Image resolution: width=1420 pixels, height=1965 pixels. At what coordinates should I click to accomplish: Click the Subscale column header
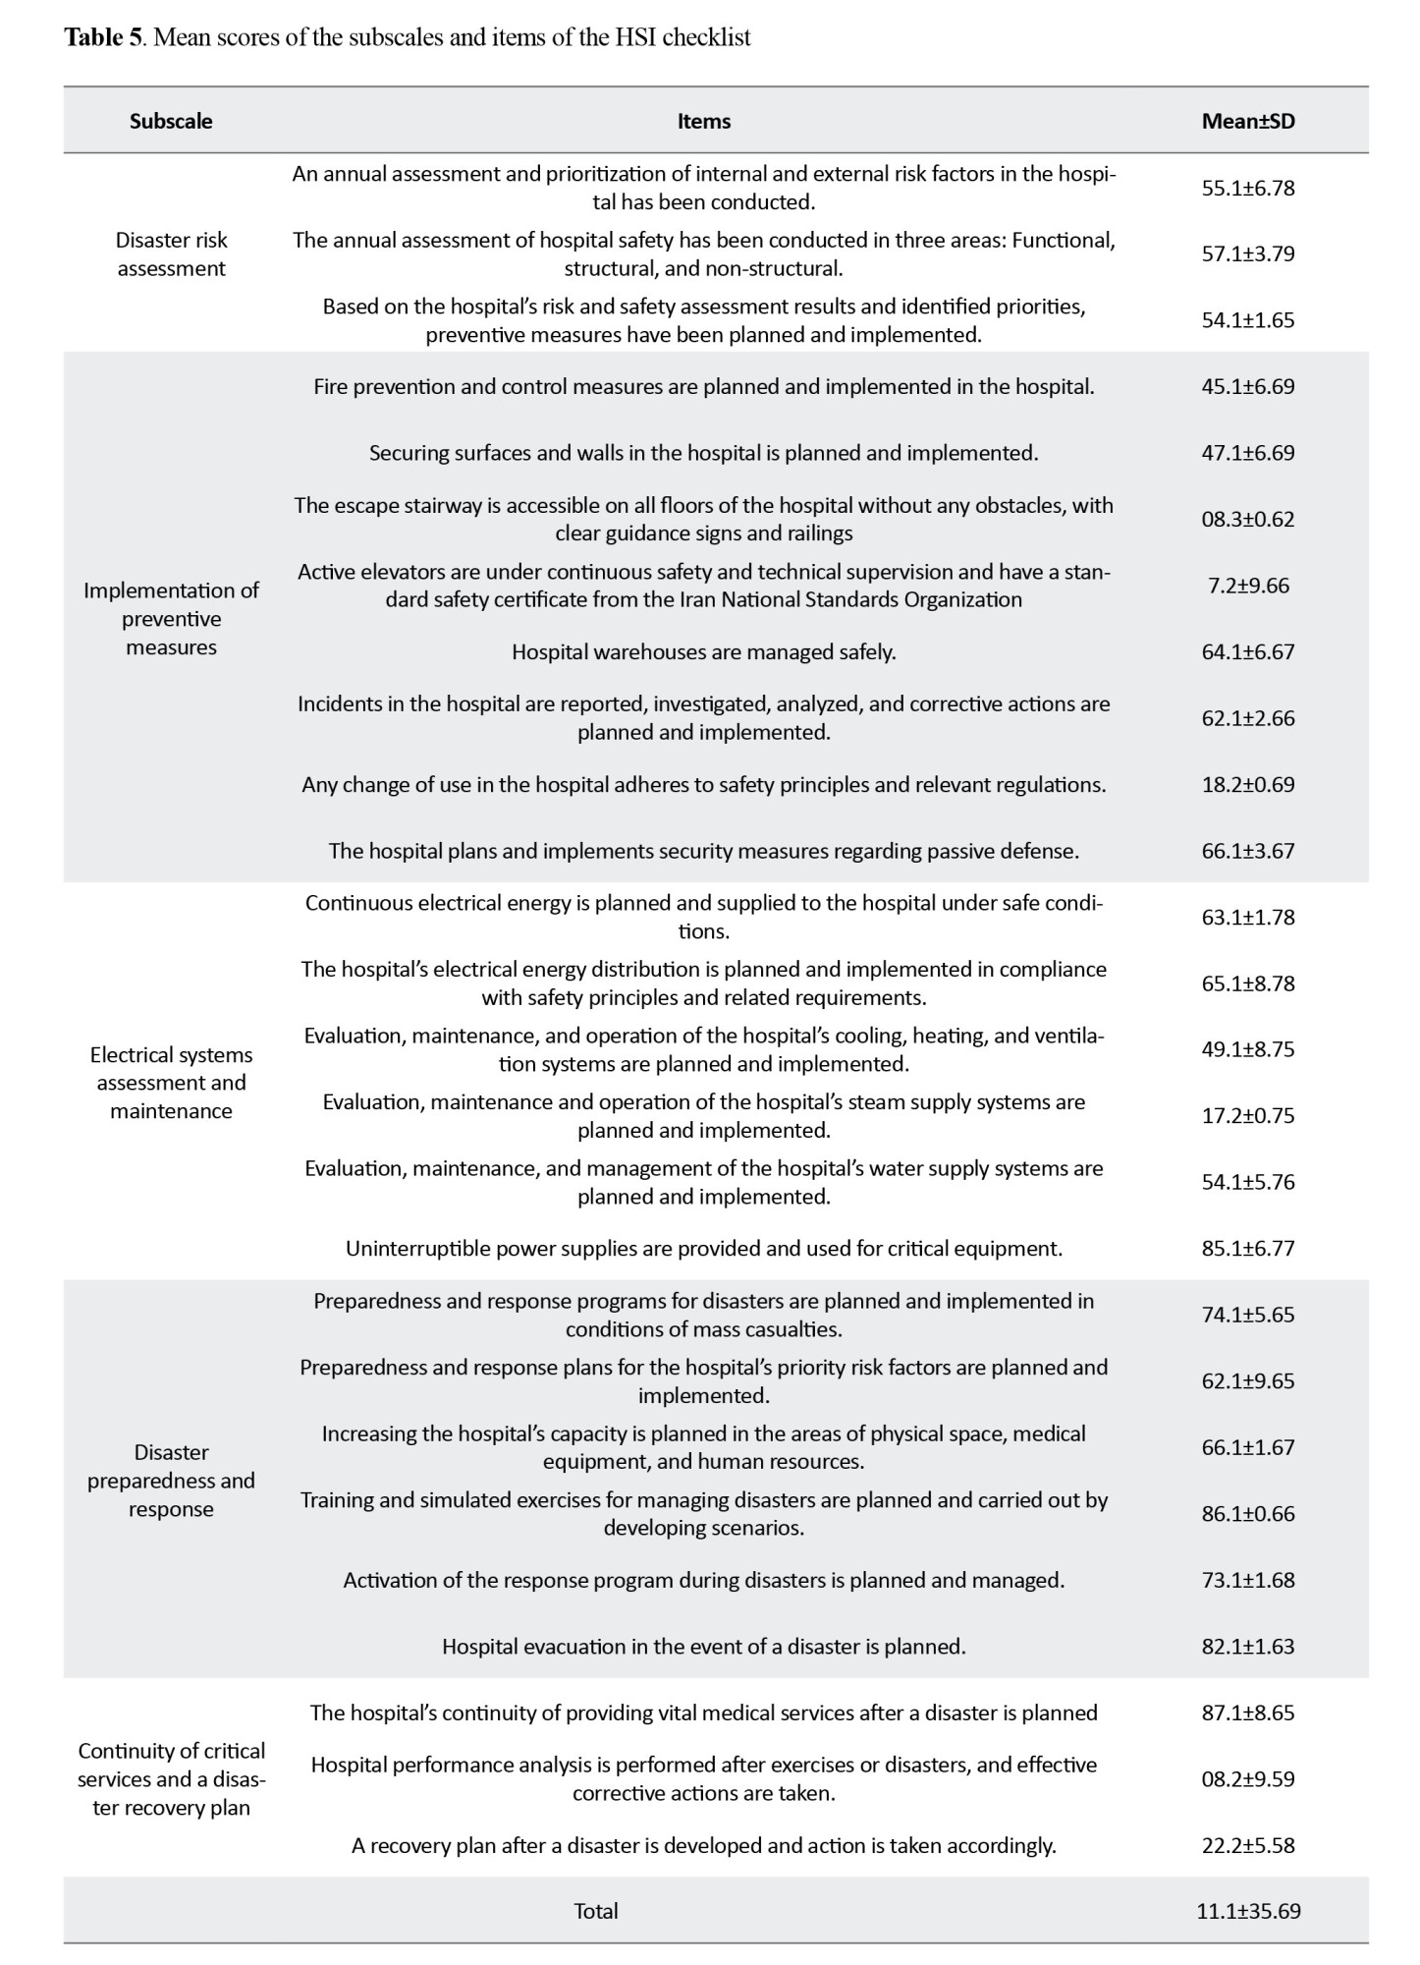click(171, 121)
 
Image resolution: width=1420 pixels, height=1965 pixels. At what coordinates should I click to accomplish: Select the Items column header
click(703, 121)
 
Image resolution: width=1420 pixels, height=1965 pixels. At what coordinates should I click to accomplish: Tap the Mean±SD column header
click(1247, 121)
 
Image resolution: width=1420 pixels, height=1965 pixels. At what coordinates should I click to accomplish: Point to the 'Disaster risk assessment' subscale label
click(171, 253)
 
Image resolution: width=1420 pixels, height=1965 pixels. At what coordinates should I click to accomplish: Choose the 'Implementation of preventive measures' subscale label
click(171, 618)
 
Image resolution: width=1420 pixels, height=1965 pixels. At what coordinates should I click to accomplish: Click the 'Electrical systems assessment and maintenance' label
click(171, 1082)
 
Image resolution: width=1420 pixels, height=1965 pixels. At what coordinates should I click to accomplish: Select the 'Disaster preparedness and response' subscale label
click(171, 1480)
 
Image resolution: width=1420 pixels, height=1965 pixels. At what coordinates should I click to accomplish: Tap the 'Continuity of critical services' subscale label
click(171, 1778)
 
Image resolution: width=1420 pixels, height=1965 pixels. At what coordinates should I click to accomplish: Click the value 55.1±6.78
click(1247, 188)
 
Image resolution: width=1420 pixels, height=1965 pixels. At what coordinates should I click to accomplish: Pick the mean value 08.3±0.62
click(1247, 519)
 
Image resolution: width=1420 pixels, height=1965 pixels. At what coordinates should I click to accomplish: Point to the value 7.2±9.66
click(1247, 586)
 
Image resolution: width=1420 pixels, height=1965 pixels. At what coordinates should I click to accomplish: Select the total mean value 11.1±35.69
click(1247, 1911)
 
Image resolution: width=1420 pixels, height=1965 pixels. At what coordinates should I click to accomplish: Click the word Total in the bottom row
click(596, 1911)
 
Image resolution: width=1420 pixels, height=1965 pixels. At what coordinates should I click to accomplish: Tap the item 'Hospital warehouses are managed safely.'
click(703, 651)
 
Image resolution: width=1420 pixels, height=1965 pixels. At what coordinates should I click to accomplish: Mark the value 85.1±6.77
click(1247, 1248)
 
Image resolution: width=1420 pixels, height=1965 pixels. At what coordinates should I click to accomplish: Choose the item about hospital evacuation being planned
click(703, 1646)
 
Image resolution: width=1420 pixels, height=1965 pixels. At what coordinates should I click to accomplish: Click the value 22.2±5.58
click(1247, 1845)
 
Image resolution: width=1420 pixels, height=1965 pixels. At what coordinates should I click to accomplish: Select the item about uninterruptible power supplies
click(703, 1248)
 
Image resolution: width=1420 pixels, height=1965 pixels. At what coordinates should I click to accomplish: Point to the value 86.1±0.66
click(1247, 1513)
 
